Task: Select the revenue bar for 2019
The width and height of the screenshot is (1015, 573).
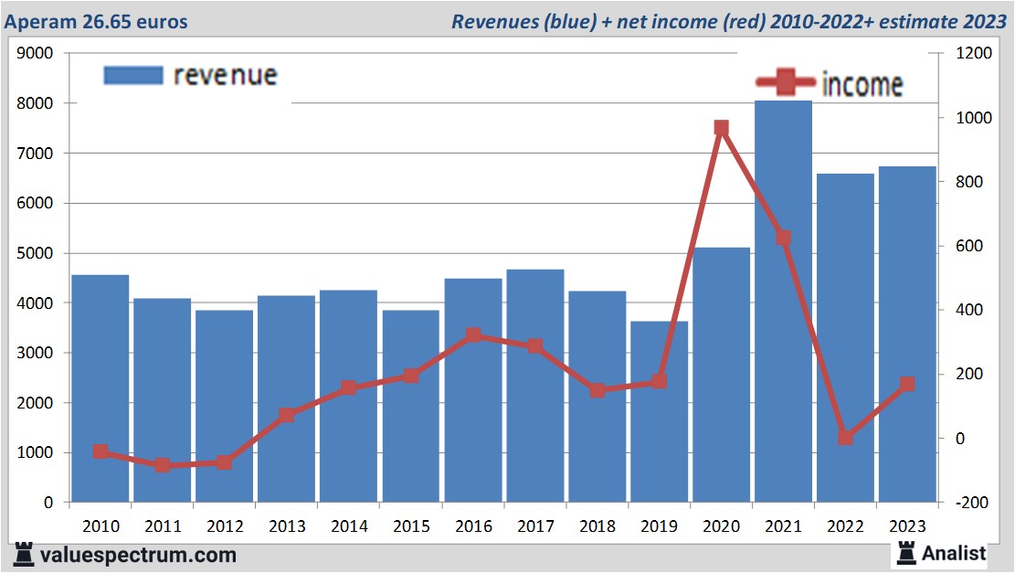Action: (x=659, y=411)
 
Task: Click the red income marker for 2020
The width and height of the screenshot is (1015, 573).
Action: (x=721, y=128)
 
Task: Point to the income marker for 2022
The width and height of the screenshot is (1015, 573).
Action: (x=845, y=438)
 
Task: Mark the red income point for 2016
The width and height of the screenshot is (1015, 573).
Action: (x=473, y=335)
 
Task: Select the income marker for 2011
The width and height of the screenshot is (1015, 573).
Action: (x=163, y=465)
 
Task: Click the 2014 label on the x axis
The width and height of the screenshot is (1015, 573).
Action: (x=349, y=526)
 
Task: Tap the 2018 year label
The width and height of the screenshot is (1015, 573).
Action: (x=597, y=526)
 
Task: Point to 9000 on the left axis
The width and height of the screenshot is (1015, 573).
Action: (x=37, y=53)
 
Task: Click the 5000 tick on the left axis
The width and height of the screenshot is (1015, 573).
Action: (x=37, y=253)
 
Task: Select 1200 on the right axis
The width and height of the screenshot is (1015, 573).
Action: (x=974, y=53)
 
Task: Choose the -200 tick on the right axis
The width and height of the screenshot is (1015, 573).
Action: (x=973, y=503)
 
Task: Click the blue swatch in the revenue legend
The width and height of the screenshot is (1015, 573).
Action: (x=132, y=75)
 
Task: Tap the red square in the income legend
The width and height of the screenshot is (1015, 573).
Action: (x=785, y=84)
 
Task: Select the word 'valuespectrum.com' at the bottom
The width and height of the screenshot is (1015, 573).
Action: (x=137, y=555)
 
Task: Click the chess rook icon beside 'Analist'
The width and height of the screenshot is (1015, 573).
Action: (x=907, y=552)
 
